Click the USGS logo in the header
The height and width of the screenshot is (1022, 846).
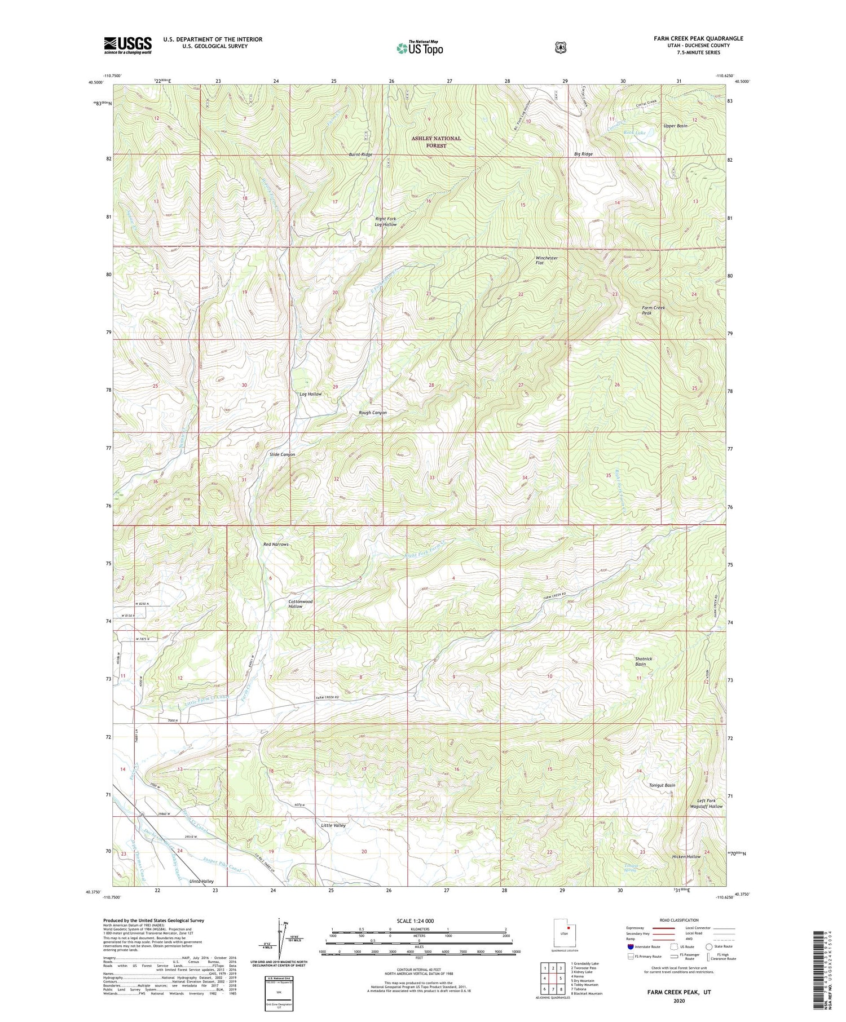[127, 45]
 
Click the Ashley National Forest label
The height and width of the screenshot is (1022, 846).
[435, 141]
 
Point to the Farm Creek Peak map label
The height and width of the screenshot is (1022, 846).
[653, 310]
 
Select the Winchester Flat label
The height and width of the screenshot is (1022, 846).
[546, 260]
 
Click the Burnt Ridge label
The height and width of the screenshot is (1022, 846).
[360, 154]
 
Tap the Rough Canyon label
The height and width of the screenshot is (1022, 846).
[373, 413]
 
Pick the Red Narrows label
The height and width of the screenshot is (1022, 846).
[276, 545]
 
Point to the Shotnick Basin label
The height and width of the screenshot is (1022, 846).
[643, 661]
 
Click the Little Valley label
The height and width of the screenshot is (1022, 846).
[333, 825]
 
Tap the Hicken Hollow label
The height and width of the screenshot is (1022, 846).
[686, 857]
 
